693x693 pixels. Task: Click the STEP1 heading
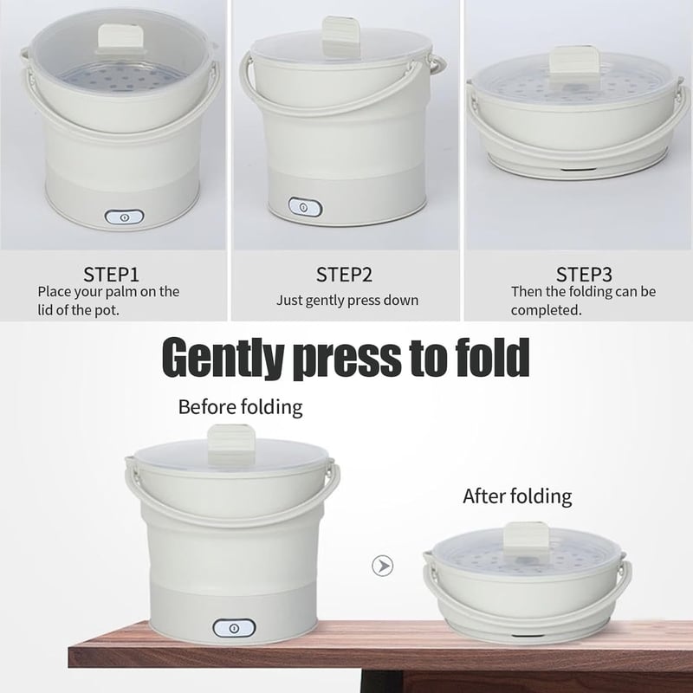tap(112, 275)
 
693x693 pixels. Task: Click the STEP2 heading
tap(344, 275)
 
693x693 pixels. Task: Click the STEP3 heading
tap(584, 275)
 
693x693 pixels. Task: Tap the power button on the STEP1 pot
tap(124, 217)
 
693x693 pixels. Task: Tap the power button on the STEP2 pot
tap(305, 207)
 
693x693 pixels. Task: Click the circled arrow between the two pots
tap(382, 566)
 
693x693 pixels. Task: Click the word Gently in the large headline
tap(222, 357)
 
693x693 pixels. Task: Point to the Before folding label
tap(241, 407)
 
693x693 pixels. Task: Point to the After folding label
tap(517, 496)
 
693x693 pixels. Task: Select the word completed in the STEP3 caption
tap(547, 310)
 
